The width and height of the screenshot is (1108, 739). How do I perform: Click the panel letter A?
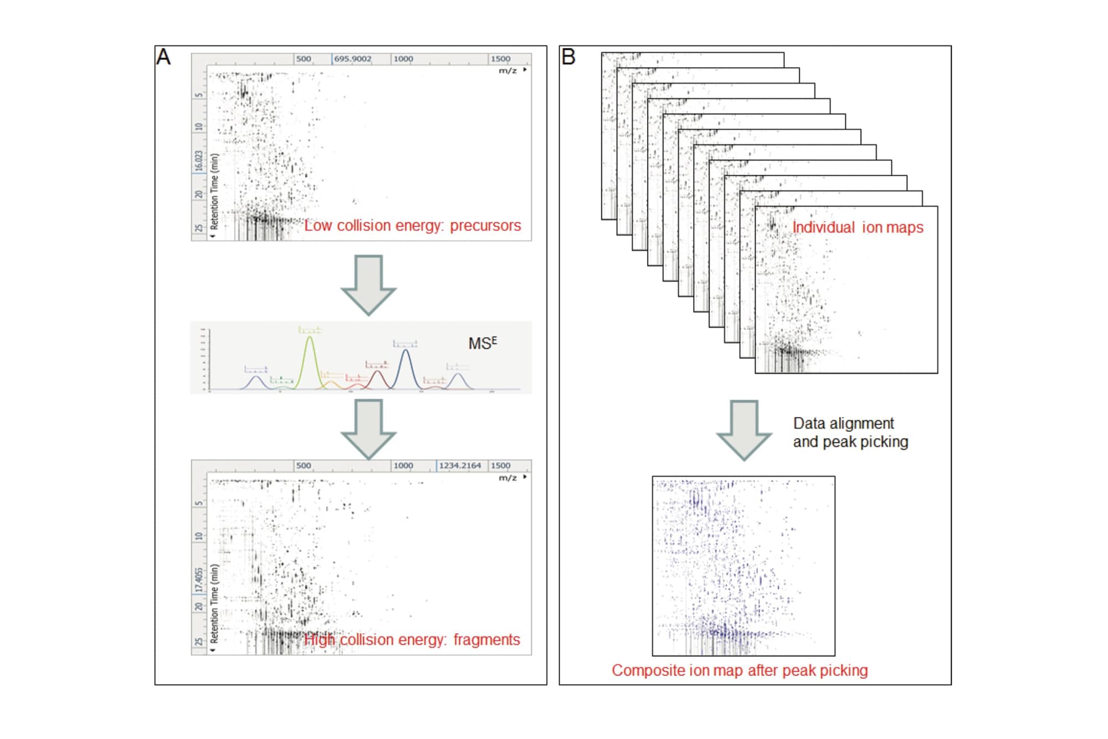pos(163,57)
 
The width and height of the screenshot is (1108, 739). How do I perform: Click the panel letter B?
pos(568,57)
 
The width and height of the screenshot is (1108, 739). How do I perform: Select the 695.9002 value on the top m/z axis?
pos(353,59)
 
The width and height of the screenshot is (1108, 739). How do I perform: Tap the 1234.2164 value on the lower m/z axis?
pos(460,466)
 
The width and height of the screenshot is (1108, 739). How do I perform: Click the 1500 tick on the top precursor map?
pos(500,59)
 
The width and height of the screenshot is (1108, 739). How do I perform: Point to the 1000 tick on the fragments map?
pos(403,466)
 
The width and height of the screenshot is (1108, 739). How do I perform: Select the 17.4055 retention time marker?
pos(198,580)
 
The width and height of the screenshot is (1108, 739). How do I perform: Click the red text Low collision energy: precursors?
pos(413,226)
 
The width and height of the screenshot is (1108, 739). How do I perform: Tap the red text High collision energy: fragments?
pos(412,640)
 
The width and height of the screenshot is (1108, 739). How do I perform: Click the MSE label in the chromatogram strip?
pos(483,344)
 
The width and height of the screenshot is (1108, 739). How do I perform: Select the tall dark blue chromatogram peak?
pos(406,366)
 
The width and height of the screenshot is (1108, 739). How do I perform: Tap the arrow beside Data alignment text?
pos(743,430)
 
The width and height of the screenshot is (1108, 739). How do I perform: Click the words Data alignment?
pos(843,424)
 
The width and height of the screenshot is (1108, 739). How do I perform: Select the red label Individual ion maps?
pos(858,228)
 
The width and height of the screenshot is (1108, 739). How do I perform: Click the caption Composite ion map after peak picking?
pos(740,670)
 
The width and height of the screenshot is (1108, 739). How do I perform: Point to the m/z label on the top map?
pos(507,70)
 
